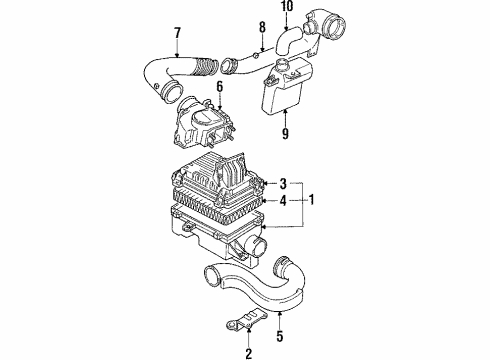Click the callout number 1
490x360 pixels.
pos(311,200)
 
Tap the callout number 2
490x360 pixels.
pos(249,353)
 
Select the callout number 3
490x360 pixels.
pos(283,183)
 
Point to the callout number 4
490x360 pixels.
pos(283,201)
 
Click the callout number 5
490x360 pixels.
pos(280,336)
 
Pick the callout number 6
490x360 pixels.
pos(219,87)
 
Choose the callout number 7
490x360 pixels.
pos(177,33)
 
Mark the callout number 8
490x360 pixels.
pos(262,27)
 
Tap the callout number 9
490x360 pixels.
pos(285,133)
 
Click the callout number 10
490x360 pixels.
pos(287,6)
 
